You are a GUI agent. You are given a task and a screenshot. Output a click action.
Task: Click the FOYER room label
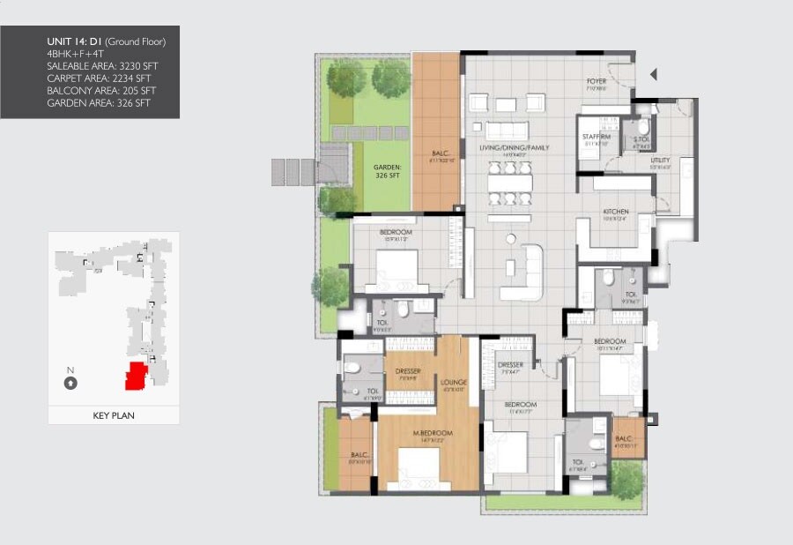(x=597, y=82)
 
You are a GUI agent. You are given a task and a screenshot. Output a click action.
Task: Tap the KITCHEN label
(x=614, y=213)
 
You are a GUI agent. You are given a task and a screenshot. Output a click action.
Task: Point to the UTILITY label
(x=660, y=161)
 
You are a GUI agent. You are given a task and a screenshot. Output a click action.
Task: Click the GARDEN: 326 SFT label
(x=387, y=170)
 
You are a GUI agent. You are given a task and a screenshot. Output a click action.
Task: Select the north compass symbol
(x=70, y=383)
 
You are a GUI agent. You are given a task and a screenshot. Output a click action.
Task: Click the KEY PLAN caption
(x=113, y=414)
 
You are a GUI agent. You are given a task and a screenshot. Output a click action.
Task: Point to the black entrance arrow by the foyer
(x=654, y=75)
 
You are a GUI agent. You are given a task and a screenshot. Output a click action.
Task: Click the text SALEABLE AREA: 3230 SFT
(x=101, y=66)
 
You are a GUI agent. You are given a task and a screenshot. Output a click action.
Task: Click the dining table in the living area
(x=511, y=183)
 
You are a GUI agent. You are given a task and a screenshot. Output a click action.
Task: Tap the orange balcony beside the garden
(x=436, y=132)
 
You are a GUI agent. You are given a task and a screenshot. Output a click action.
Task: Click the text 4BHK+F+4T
(x=75, y=54)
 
